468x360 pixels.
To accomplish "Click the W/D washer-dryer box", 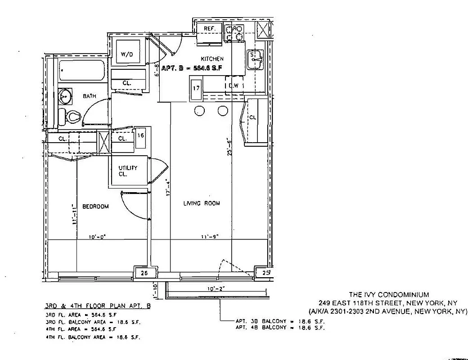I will [127, 54].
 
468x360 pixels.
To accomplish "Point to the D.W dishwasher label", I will [233, 85].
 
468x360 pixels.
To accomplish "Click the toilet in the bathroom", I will [71, 117].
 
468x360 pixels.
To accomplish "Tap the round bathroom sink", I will [67, 95].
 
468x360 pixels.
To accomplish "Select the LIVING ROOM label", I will [202, 203].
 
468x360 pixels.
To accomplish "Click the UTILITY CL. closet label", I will [128, 171].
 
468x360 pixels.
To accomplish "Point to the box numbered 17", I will [196, 88].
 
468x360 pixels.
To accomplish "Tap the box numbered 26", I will [145, 273].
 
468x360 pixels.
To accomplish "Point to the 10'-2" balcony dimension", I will [216, 289].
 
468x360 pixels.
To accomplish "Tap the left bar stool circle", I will [199, 111].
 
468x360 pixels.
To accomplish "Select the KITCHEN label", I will [212, 59].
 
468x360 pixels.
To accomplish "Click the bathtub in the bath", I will [82, 71].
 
